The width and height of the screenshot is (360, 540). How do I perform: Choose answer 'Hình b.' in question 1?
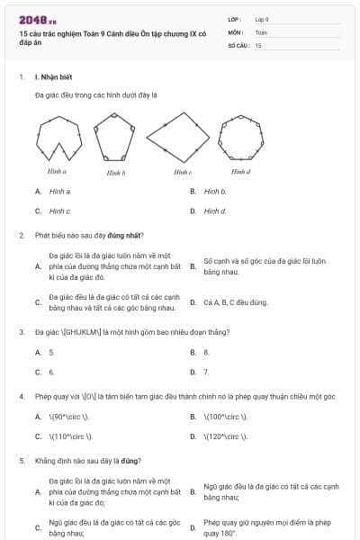[x=215, y=192]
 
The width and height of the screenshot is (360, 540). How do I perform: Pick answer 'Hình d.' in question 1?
[x=215, y=211]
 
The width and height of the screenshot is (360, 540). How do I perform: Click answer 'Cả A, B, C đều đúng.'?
[x=235, y=302]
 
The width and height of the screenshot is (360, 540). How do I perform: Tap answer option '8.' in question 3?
[x=206, y=352]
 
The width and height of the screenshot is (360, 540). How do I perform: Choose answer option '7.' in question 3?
[x=206, y=371]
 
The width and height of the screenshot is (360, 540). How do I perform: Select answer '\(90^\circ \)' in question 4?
[x=69, y=417]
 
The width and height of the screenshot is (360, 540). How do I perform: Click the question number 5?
[x=21, y=460]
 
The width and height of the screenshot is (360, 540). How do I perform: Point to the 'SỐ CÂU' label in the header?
[x=239, y=45]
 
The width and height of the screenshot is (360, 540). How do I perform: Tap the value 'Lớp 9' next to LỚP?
[x=262, y=19]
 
